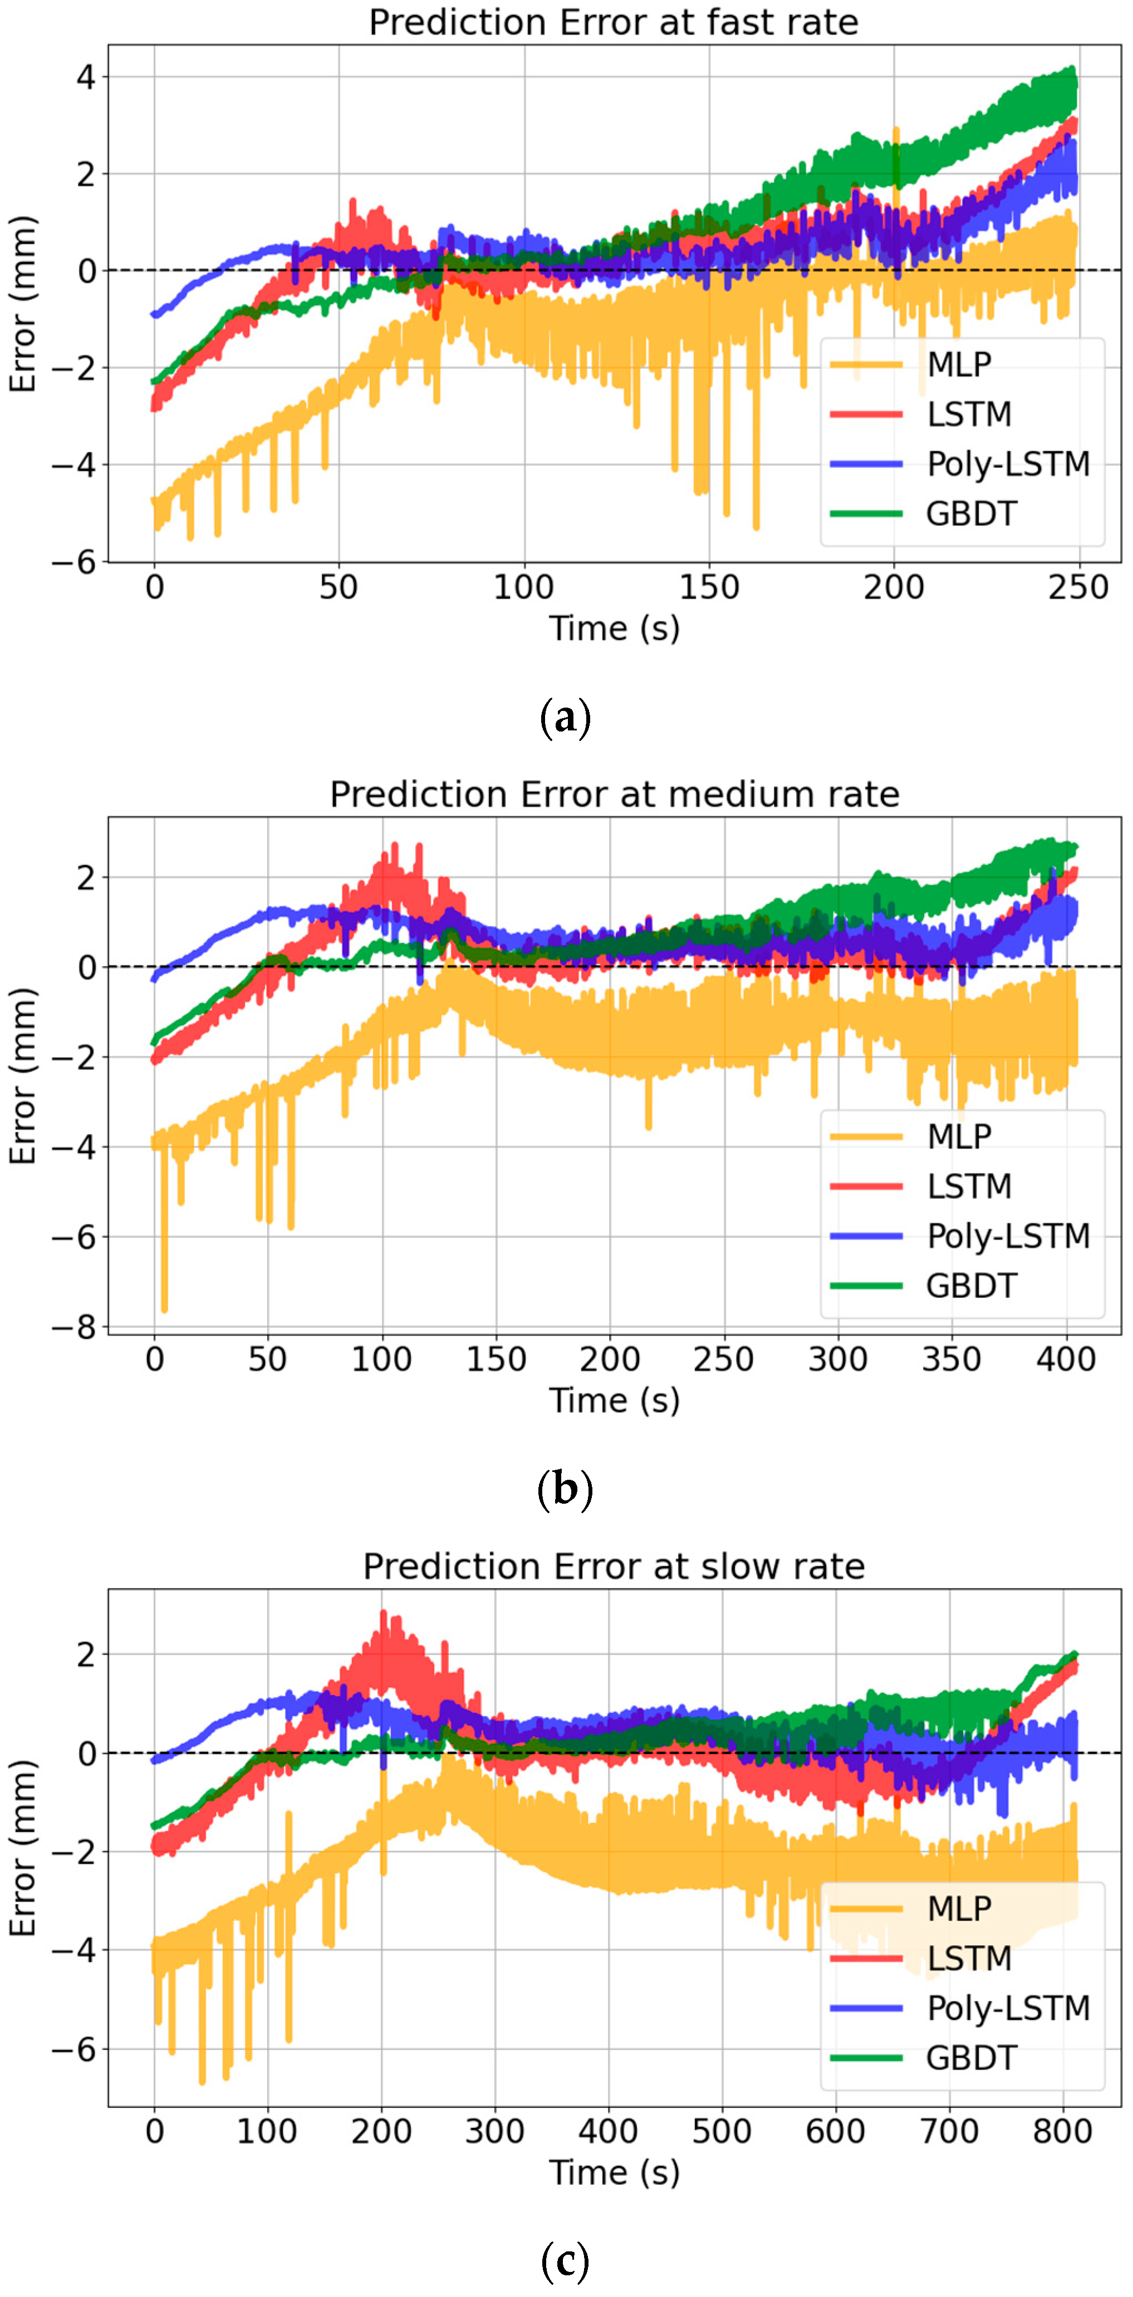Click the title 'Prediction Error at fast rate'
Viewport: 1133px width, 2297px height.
[x=613, y=22]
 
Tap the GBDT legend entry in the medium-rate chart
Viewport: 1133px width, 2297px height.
[x=970, y=1285]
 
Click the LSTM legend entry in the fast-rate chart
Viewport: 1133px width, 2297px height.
[x=969, y=414]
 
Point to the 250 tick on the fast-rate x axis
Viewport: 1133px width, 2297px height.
[x=1078, y=587]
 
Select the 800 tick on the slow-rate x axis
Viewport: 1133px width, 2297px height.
[x=1062, y=2131]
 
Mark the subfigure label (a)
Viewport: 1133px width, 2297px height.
[x=566, y=717]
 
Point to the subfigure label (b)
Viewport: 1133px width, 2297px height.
[x=566, y=1488]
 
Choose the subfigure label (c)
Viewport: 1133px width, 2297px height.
[x=566, y=2260]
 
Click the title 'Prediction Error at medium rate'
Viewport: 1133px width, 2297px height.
[x=614, y=794]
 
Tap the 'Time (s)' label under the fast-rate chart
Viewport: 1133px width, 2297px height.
[x=614, y=628]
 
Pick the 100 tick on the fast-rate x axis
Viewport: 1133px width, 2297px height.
[x=524, y=587]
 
